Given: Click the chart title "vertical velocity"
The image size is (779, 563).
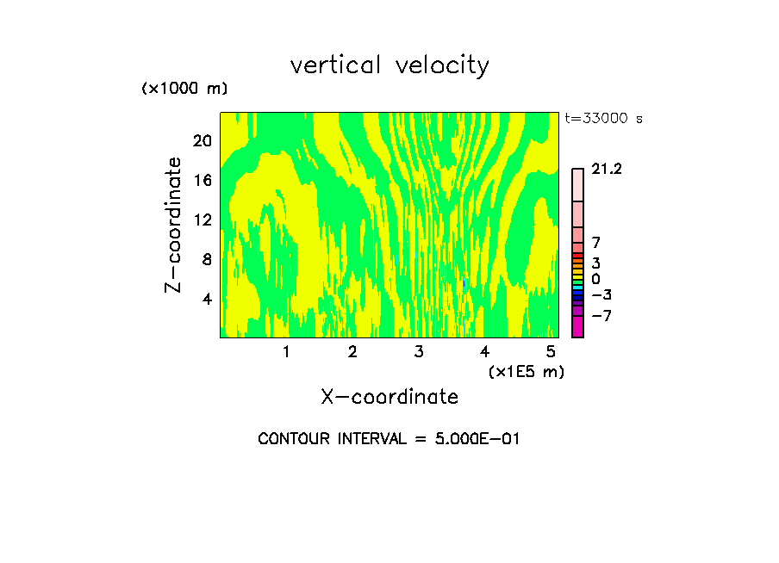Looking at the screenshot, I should [389, 65].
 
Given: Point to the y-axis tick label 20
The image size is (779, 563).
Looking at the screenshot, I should [201, 140].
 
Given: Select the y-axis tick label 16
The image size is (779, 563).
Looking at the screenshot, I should [201, 180].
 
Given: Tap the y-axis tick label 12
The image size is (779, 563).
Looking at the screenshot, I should [201, 220].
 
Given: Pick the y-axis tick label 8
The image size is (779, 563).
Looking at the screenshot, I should [207, 259].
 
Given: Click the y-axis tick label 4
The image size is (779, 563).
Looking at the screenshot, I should [207, 299].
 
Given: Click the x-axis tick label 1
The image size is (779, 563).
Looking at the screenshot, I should [286, 352].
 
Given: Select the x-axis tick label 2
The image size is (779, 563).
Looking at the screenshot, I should [352, 352].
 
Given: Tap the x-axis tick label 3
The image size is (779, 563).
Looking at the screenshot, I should [419, 352].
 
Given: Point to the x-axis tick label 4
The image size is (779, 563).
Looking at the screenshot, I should [485, 352].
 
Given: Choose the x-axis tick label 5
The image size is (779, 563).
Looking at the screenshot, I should [551, 352].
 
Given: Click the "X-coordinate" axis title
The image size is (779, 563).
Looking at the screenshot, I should [389, 397].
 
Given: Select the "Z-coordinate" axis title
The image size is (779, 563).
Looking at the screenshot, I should [175, 225].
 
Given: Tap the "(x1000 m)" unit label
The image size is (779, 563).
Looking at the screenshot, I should [184, 90].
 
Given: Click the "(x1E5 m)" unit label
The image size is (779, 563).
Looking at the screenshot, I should [526, 372].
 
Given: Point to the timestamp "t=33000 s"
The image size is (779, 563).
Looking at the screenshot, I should [603, 119].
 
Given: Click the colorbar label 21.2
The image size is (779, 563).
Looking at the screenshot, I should [607, 170].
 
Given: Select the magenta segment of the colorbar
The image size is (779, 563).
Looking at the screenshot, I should [577, 327].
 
